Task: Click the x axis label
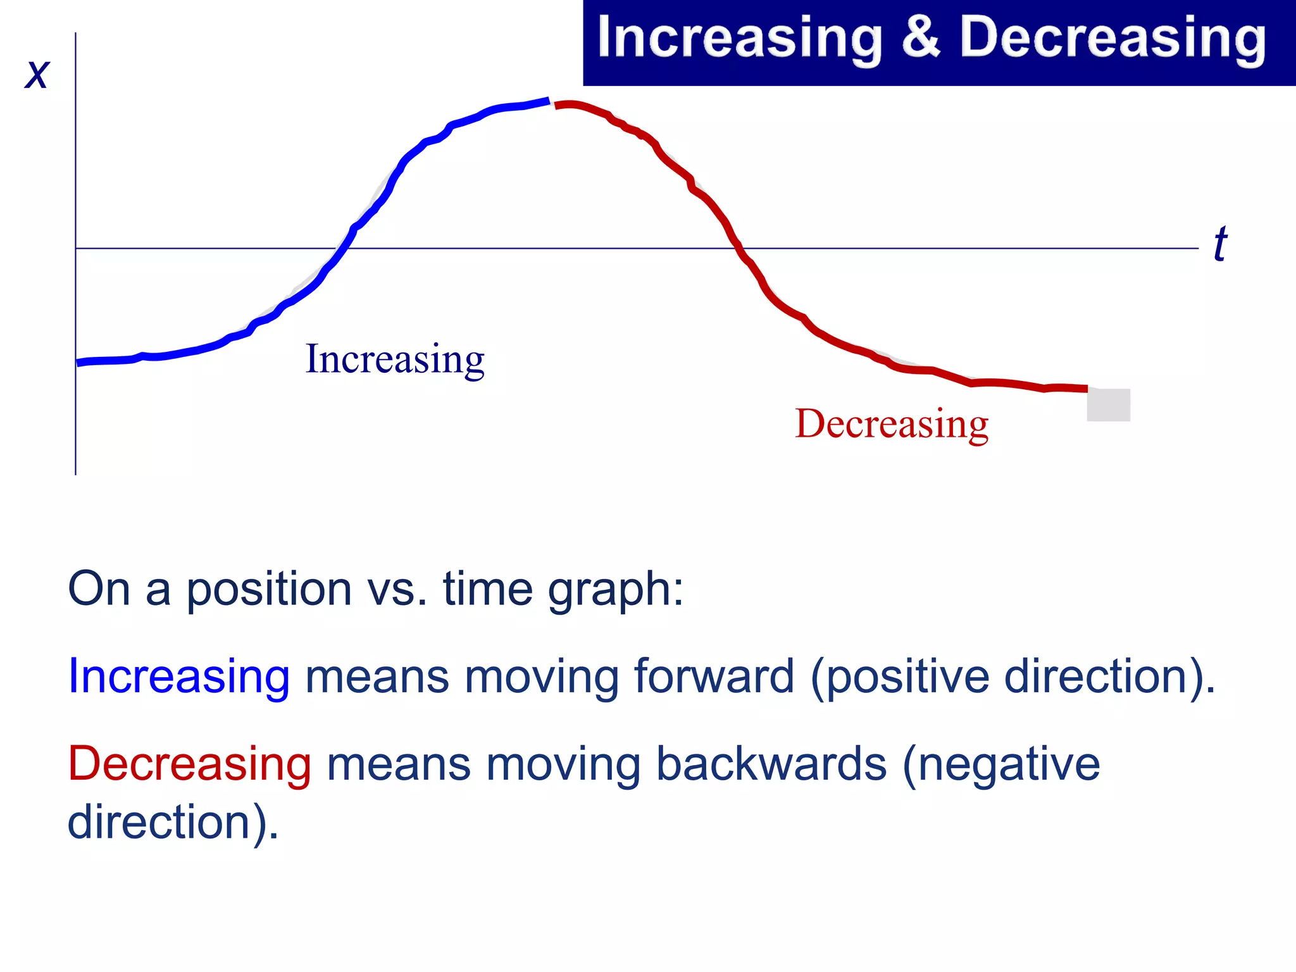click(x=37, y=75)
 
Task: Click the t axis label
click(x=1219, y=244)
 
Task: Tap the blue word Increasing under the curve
click(x=395, y=359)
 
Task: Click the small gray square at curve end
click(x=1108, y=405)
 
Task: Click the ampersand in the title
click(x=921, y=38)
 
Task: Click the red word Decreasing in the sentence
click(x=189, y=764)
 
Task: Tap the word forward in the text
click(x=714, y=676)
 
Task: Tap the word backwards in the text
click(x=771, y=764)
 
